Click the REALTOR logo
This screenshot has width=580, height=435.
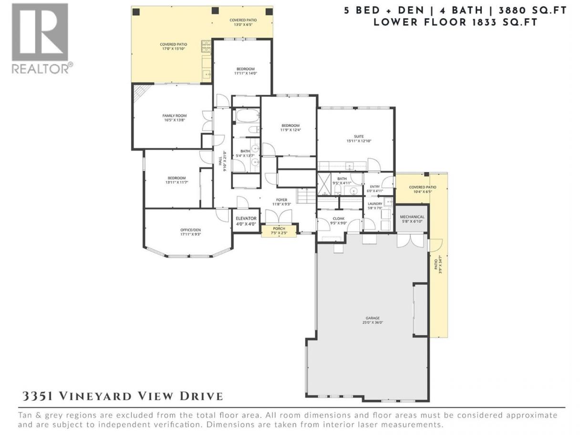click(42, 39)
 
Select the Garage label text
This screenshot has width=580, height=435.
click(373, 318)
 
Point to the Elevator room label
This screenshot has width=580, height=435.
click(246, 218)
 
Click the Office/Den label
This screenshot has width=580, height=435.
click(190, 230)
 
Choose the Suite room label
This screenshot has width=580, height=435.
click(359, 136)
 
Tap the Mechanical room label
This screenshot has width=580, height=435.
click(412, 217)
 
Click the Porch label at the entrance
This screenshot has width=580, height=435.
click(279, 228)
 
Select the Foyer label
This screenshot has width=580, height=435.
click(281, 200)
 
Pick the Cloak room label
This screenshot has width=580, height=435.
click(339, 218)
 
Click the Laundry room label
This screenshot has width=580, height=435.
click(375, 204)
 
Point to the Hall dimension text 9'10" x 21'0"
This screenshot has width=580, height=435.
click(225, 161)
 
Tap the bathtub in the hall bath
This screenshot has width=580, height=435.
click(248, 116)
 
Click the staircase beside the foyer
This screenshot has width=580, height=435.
click(306, 196)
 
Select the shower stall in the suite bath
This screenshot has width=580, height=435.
click(324, 184)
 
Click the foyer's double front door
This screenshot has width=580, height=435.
click(279, 216)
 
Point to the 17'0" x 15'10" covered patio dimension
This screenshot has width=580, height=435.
click(174, 49)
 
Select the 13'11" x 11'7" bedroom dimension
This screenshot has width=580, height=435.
click(176, 182)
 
